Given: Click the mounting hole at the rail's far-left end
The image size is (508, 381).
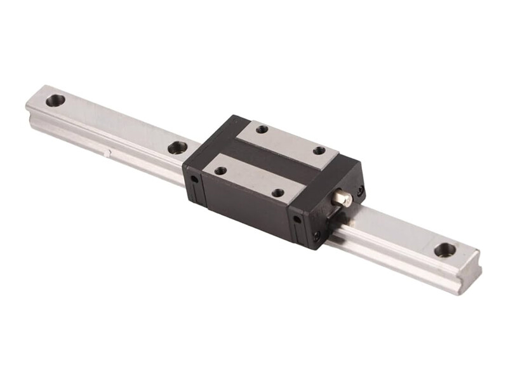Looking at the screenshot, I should (x=56, y=100).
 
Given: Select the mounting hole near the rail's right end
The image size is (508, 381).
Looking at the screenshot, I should (x=444, y=250).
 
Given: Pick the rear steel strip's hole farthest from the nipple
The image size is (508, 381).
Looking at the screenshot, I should (x=262, y=130).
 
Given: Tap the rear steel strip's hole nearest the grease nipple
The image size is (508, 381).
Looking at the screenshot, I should (x=319, y=150).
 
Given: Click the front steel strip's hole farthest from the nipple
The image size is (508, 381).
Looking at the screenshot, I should (x=220, y=170).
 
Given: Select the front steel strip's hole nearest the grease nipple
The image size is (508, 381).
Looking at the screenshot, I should (x=277, y=192).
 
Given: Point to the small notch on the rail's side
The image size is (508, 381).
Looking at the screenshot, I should (x=109, y=152).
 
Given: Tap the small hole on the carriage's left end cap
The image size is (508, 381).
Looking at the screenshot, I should (x=195, y=180).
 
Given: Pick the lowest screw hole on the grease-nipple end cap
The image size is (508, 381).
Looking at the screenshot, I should (x=316, y=236).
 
